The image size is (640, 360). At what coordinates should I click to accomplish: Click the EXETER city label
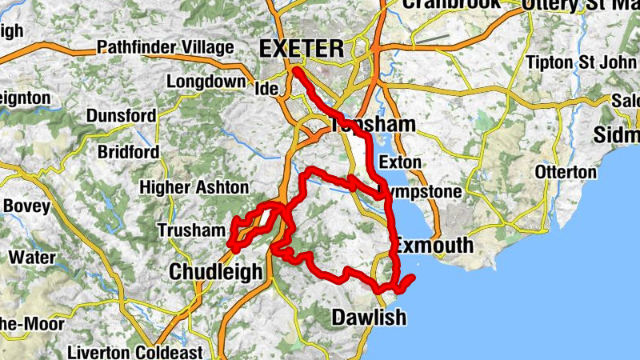[x=302, y=49]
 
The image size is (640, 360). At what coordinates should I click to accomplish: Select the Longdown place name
[x=206, y=82]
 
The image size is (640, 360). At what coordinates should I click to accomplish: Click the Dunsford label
[x=121, y=116]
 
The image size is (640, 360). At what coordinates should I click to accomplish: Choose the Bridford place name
[x=128, y=152]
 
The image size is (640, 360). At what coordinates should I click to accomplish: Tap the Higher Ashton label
[x=194, y=187]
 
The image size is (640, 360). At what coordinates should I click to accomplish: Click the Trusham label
[x=192, y=230]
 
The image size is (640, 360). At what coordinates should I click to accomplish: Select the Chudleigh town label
[x=215, y=272]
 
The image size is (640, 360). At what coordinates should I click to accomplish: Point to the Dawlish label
[x=369, y=318]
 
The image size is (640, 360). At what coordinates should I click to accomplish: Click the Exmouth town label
[x=434, y=245]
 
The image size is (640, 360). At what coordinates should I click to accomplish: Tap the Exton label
[x=399, y=162]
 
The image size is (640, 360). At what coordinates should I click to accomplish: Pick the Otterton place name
[x=566, y=172]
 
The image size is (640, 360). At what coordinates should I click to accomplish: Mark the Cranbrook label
[x=452, y=4]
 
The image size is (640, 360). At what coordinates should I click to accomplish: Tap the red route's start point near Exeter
[x=295, y=71]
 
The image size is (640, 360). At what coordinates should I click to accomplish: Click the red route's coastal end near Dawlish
[x=412, y=278]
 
